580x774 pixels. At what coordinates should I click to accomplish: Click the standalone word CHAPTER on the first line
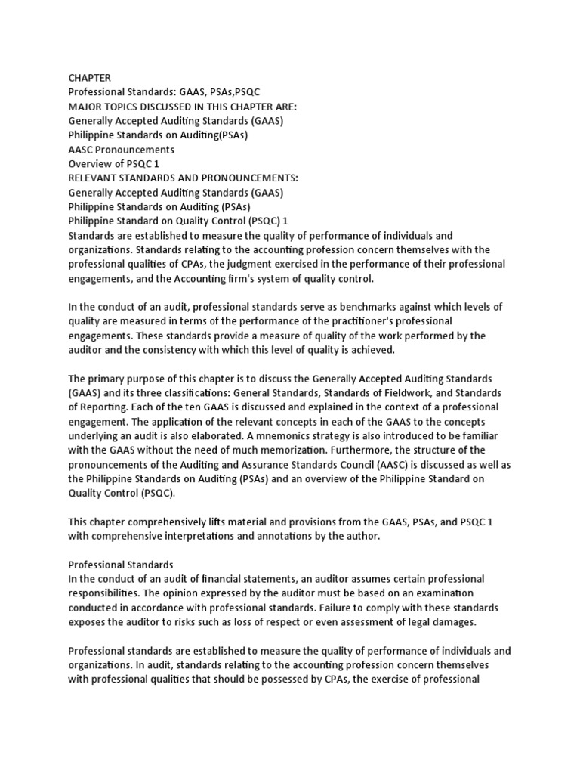click(90, 77)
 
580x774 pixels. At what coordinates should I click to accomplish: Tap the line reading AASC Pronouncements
click(121, 149)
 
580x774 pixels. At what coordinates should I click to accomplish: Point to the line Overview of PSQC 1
click(114, 163)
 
